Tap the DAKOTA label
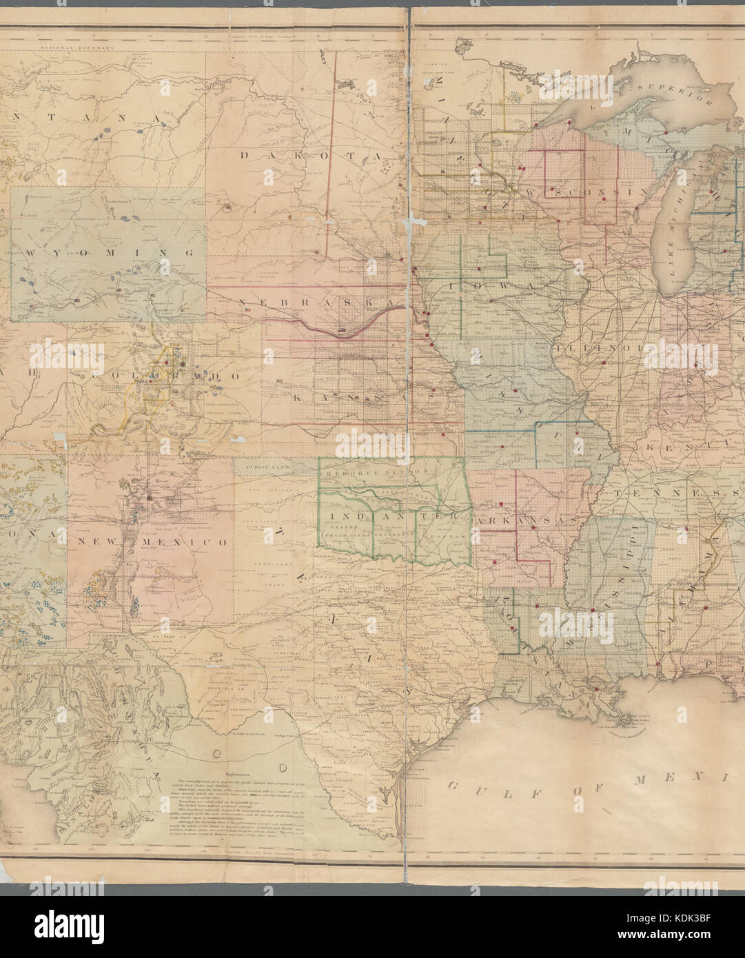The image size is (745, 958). click(x=310, y=156)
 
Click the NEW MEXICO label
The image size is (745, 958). click(x=152, y=542)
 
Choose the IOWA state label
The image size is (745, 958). click(x=493, y=285)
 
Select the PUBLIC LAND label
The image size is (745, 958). click(x=265, y=467)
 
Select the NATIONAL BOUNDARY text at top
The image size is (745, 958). click(x=69, y=48)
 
